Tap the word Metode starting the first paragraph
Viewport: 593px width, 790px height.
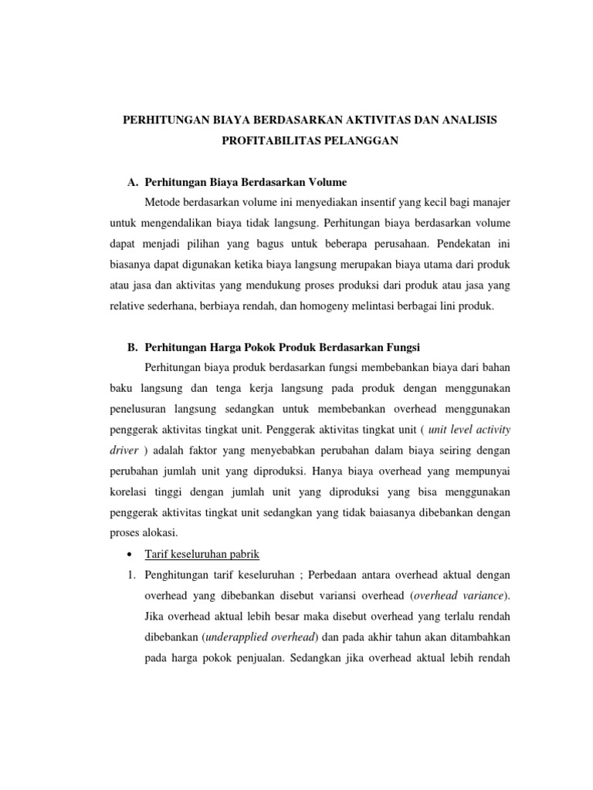(x=161, y=202)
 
